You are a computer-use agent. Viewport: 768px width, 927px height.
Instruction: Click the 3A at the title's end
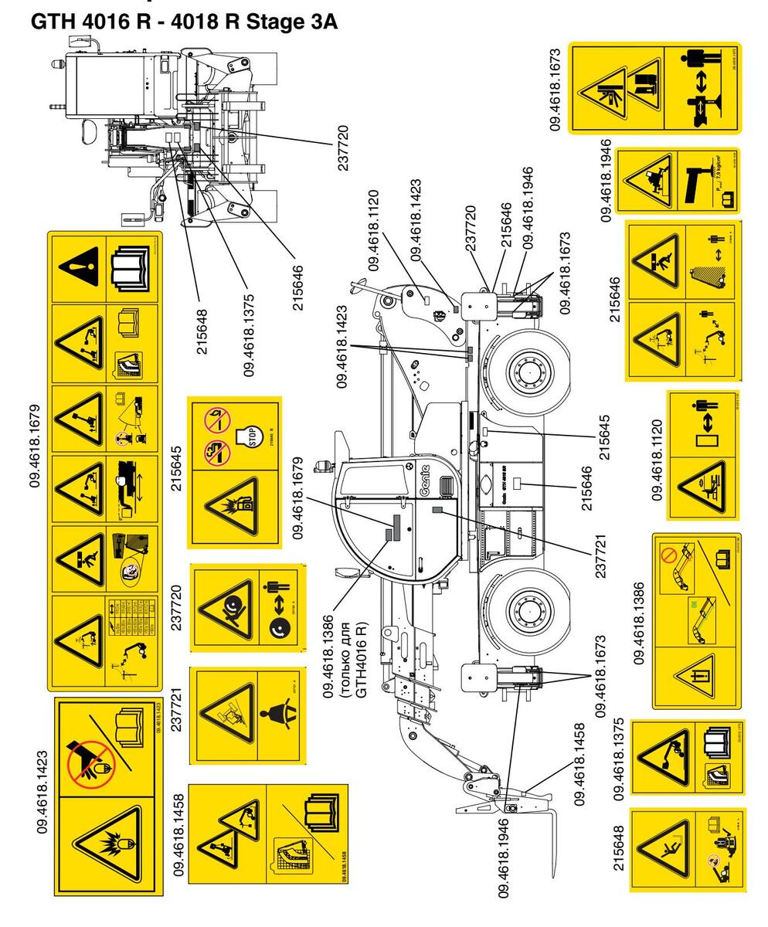coord(321,22)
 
